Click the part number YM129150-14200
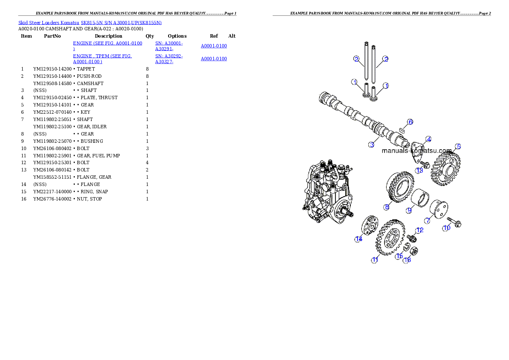(x=52, y=69)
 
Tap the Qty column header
(x=150, y=36)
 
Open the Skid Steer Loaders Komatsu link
(x=49, y=23)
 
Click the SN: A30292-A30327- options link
(x=169, y=59)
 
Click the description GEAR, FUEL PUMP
(x=98, y=156)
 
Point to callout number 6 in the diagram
(x=410, y=122)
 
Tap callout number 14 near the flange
(x=358, y=239)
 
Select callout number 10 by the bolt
(x=447, y=228)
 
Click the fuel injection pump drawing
(x=328, y=192)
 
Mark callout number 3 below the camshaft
(x=372, y=145)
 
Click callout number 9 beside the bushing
(x=409, y=210)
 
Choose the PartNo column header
(x=52, y=36)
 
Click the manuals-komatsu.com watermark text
(x=417, y=150)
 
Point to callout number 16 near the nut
(x=407, y=260)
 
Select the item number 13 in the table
(x=24, y=170)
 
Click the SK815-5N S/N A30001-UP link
(x=121, y=23)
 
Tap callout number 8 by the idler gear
(x=387, y=207)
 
